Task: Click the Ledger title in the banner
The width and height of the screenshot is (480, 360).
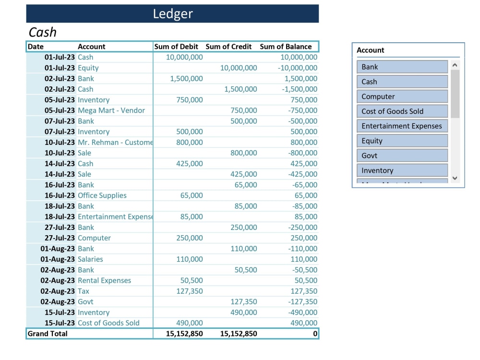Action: pos(173,14)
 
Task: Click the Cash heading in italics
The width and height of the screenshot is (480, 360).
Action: pos(43,32)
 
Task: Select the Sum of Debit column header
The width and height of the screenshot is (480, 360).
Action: pos(176,47)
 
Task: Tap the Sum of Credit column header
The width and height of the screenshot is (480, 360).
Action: pos(228,47)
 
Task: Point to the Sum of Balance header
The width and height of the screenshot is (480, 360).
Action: pos(286,47)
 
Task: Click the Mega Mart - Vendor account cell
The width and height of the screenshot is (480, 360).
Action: pos(111,110)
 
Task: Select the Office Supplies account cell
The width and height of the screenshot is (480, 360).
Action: pos(102,195)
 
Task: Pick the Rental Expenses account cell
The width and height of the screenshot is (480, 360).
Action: pos(104,280)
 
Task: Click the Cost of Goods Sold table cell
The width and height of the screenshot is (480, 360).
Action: pos(108,323)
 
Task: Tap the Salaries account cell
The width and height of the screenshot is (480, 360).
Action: pos(90,259)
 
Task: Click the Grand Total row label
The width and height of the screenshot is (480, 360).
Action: pos(48,334)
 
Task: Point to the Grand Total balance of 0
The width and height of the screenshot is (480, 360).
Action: pos(315,334)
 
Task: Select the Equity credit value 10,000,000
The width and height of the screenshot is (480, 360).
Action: pos(239,68)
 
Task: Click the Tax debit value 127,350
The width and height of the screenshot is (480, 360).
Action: pos(187,291)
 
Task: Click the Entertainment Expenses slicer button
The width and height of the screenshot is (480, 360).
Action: pos(402,126)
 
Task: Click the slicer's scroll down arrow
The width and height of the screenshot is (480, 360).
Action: pos(456,178)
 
